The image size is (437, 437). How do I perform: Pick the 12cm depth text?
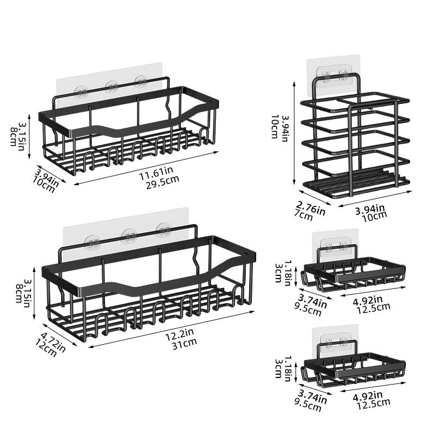tap(48, 346)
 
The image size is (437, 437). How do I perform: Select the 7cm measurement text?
tap(305, 215)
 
